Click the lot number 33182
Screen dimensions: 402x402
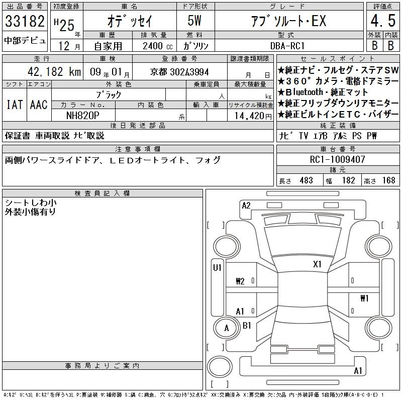click(25, 21)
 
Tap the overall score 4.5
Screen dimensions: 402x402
click(383, 21)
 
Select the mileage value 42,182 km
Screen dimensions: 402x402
click(54, 71)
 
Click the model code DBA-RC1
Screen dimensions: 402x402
click(287, 46)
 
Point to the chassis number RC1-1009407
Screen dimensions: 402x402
click(337, 159)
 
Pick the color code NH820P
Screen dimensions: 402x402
click(82, 116)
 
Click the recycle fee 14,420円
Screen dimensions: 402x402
click(253, 116)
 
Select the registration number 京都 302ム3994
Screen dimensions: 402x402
click(179, 72)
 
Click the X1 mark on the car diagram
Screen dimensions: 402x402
click(317, 264)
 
